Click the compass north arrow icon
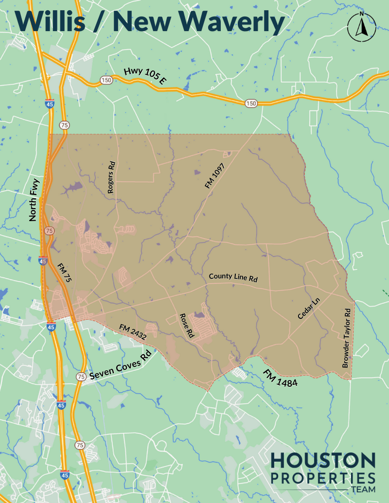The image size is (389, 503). click(x=361, y=27)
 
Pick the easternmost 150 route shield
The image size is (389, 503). click(x=250, y=103)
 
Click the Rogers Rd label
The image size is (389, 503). click(x=111, y=178)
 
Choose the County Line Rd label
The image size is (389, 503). click(x=233, y=278)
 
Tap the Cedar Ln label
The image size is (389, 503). click(x=309, y=309)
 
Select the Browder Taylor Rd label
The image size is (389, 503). click(x=346, y=337)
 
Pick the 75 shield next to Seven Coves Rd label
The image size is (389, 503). click(x=81, y=377)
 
